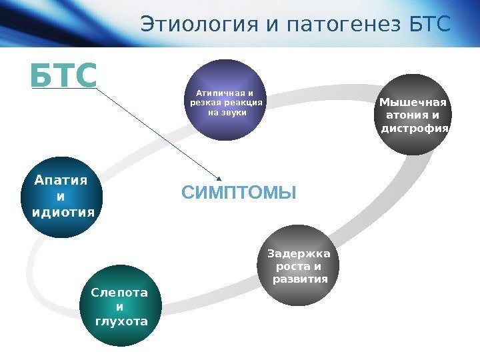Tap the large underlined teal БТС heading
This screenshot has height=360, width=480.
tap(63, 76)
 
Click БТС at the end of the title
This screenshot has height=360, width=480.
tap(428, 25)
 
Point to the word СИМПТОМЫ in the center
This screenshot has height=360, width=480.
tap(239, 193)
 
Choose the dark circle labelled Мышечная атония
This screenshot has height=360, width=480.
tap(414, 115)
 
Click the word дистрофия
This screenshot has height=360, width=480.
tap(415, 127)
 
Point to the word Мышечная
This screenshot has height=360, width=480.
tap(413, 102)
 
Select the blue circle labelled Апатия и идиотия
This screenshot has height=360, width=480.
tap(62, 197)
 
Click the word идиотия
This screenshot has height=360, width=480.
tap(63, 212)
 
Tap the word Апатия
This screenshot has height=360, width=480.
tap(61, 181)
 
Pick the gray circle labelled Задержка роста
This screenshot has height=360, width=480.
tap(299, 266)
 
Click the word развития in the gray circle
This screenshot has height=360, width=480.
tap(301, 279)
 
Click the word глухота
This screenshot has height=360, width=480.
tap(121, 321)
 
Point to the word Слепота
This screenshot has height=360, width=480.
tap(120, 293)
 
